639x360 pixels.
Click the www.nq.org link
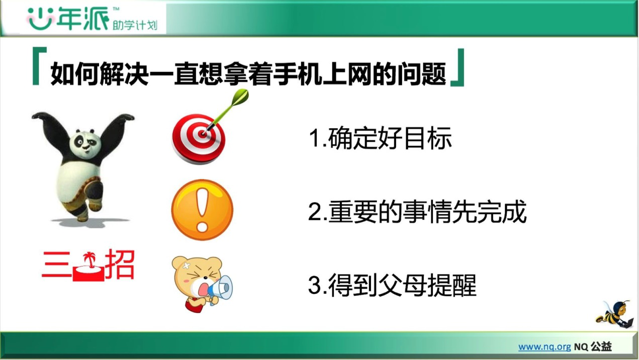(544, 347)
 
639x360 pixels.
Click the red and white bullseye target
(199, 139)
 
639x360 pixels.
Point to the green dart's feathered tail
(240, 96)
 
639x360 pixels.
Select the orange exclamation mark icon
(202, 210)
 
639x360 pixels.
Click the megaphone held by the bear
(221, 289)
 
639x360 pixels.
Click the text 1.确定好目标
(380, 138)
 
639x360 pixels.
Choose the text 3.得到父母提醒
(392, 285)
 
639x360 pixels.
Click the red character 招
(120, 264)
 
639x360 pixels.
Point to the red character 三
(56, 264)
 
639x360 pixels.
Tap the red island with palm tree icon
(88, 267)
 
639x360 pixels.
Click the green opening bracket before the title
(39, 66)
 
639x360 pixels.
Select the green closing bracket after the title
(458, 67)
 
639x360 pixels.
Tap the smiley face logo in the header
(41, 19)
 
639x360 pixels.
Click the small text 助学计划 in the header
(135, 25)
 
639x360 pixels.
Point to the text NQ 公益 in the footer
(593, 347)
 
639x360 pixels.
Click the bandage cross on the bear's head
(187, 265)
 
